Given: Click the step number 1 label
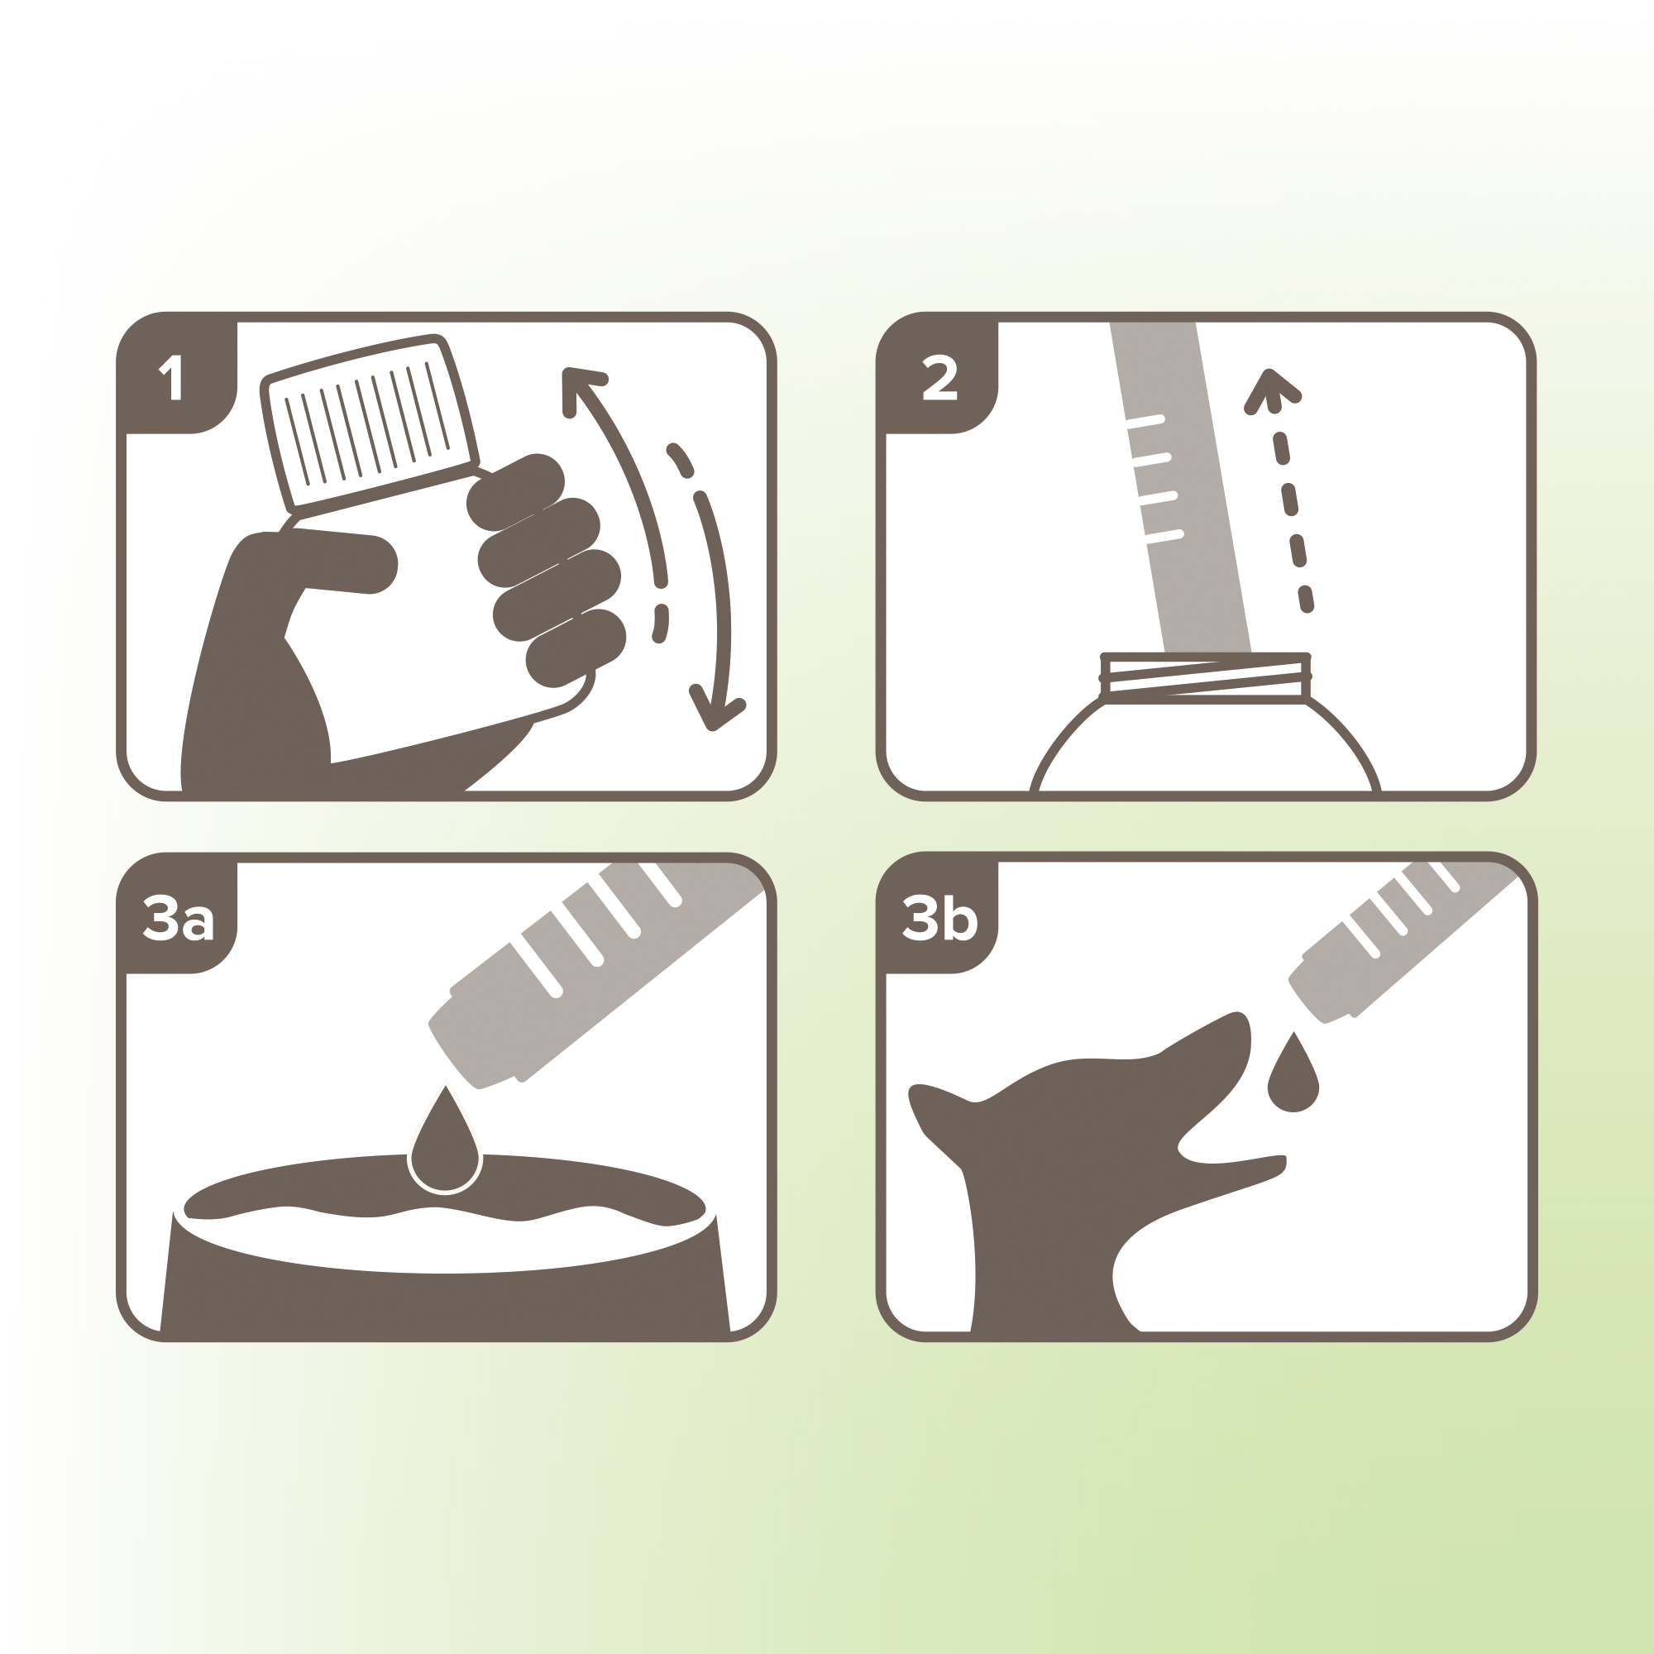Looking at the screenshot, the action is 171,378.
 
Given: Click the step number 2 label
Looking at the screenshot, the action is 939,378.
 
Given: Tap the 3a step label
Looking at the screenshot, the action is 178,919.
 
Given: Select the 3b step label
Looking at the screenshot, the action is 940,919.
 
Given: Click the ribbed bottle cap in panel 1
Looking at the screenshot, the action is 369,423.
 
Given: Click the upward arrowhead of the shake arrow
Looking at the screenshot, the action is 582,390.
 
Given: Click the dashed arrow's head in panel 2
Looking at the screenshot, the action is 1271,391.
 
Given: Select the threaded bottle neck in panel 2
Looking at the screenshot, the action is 1205,679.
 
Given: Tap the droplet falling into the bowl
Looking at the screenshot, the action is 444,1140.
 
